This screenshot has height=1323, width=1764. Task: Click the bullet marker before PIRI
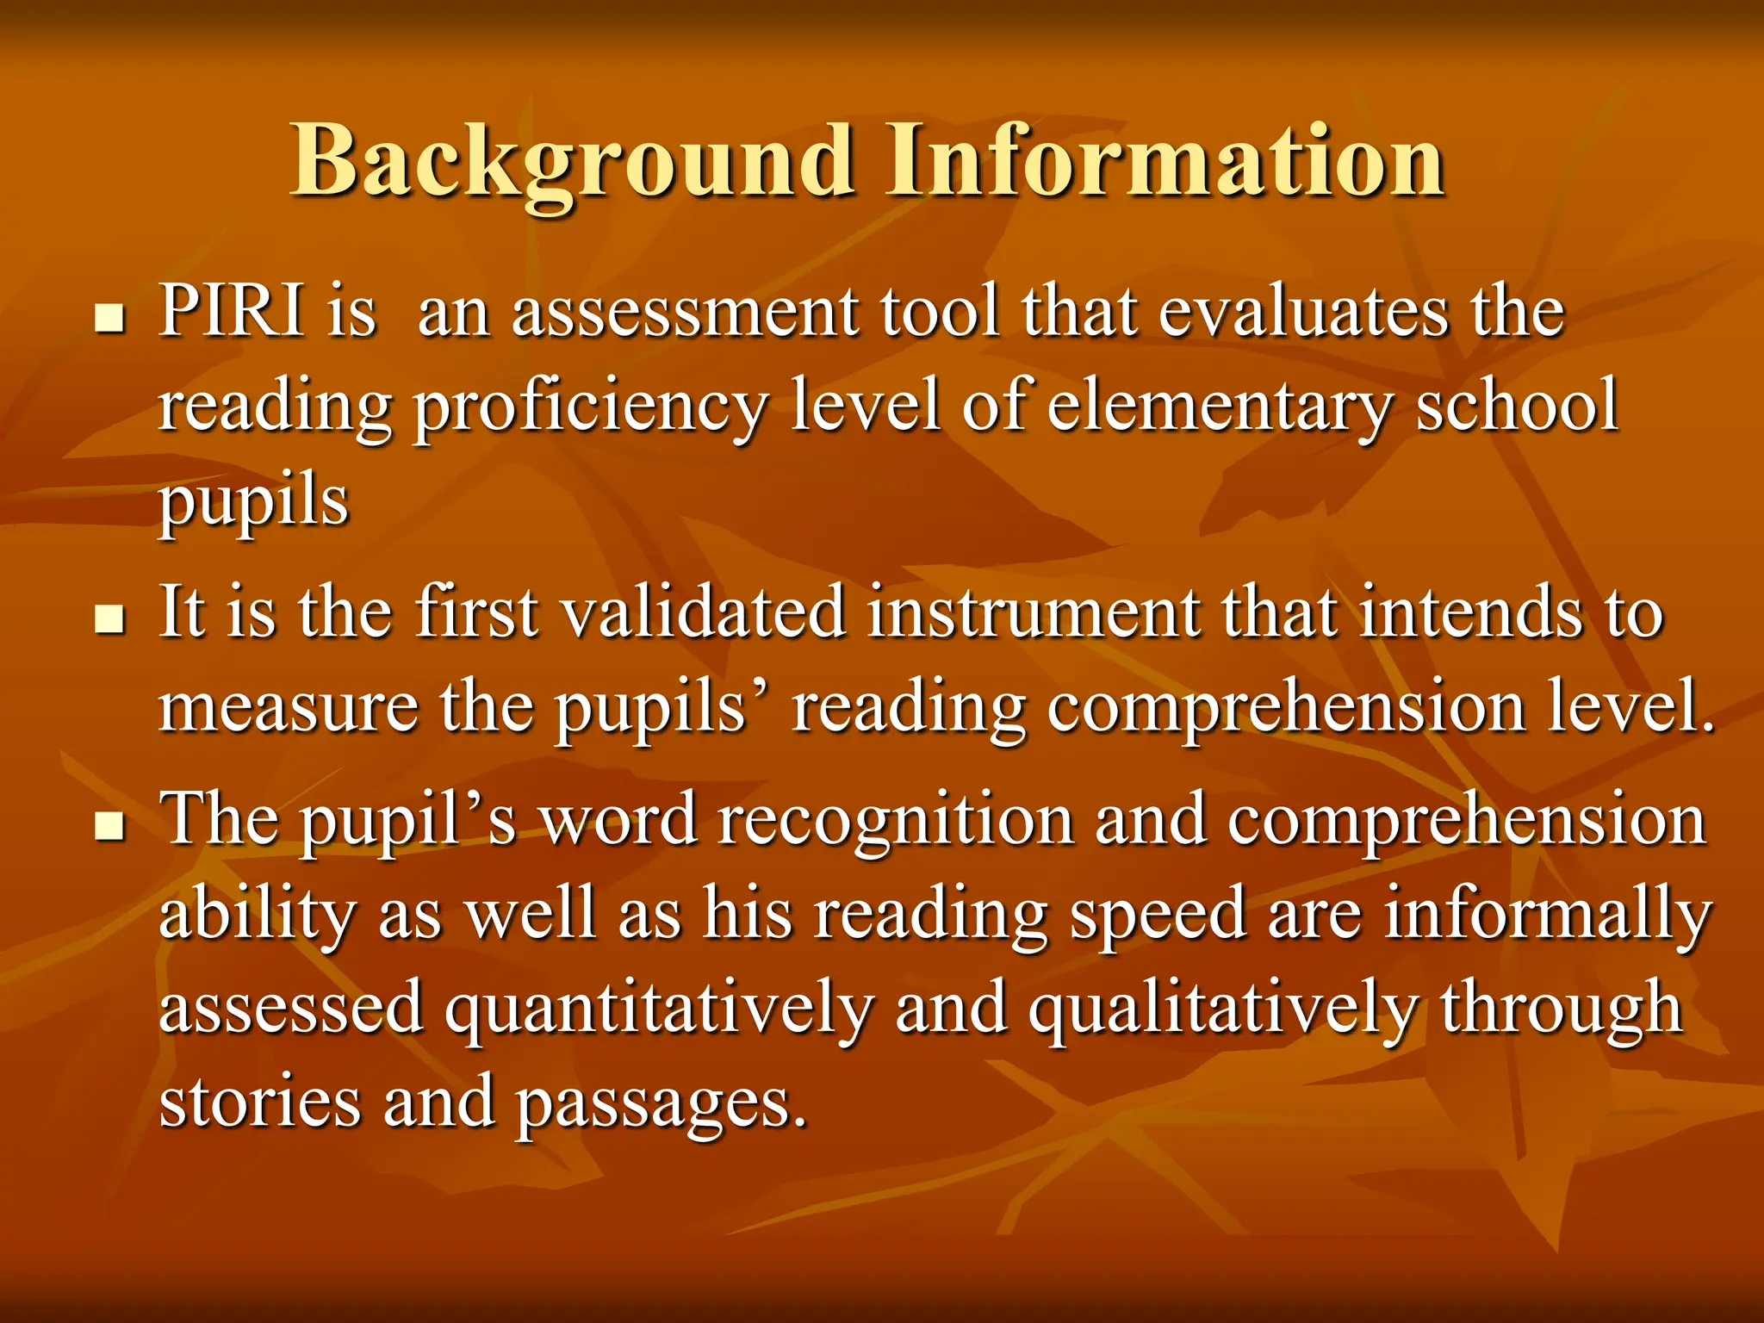click(x=109, y=320)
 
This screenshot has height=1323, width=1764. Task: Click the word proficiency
click(x=590, y=407)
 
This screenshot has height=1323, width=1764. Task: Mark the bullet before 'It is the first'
click(x=109, y=620)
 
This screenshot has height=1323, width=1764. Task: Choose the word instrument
click(x=1033, y=612)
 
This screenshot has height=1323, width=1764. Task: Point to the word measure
click(x=289, y=708)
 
